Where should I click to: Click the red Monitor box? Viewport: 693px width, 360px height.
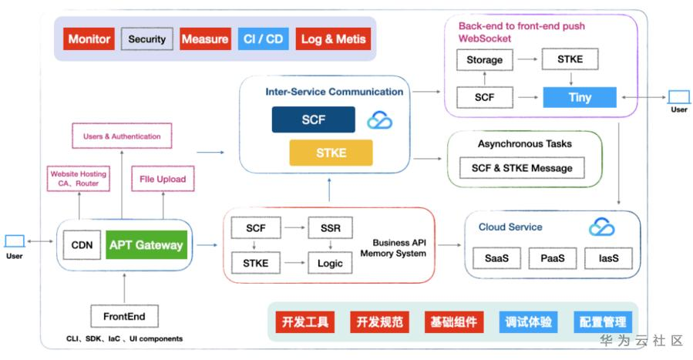(89, 39)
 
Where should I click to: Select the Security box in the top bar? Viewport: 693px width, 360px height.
(146, 39)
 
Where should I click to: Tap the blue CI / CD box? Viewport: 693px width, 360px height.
(263, 39)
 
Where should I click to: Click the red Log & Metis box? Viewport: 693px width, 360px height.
(333, 39)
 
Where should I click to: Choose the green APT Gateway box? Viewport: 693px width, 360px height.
(146, 245)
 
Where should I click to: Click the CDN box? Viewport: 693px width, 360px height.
(82, 245)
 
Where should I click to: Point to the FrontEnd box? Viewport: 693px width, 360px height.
(124, 315)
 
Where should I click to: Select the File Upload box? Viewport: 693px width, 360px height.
(163, 180)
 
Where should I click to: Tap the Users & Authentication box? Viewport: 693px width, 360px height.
(122, 136)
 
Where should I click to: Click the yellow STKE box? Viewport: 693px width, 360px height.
(331, 153)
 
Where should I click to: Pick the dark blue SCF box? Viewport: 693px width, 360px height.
(313, 119)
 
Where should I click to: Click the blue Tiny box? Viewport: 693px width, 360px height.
(580, 97)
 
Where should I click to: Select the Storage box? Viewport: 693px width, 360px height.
(484, 59)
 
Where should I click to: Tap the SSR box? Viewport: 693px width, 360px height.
(330, 228)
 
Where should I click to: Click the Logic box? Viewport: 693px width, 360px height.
(330, 263)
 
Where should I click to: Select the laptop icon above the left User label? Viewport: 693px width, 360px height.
(15, 241)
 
